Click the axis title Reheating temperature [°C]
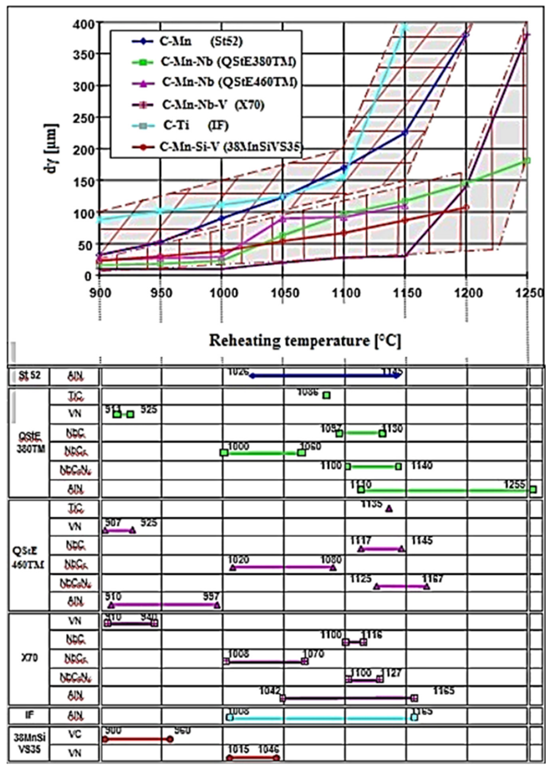(x=305, y=340)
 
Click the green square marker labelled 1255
(x=533, y=489)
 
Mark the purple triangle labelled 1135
(x=389, y=509)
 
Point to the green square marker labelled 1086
(x=327, y=395)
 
